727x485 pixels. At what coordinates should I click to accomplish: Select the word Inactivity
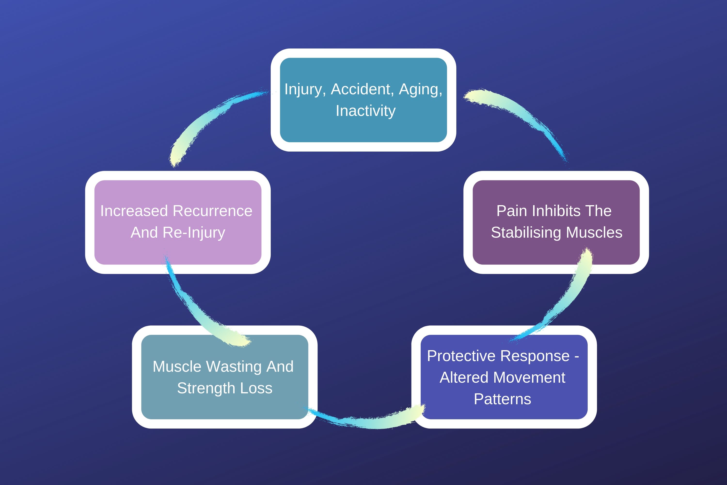click(366, 111)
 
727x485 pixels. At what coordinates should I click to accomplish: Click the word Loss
click(256, 388)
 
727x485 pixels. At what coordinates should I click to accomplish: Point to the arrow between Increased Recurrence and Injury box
click(210, 118)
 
